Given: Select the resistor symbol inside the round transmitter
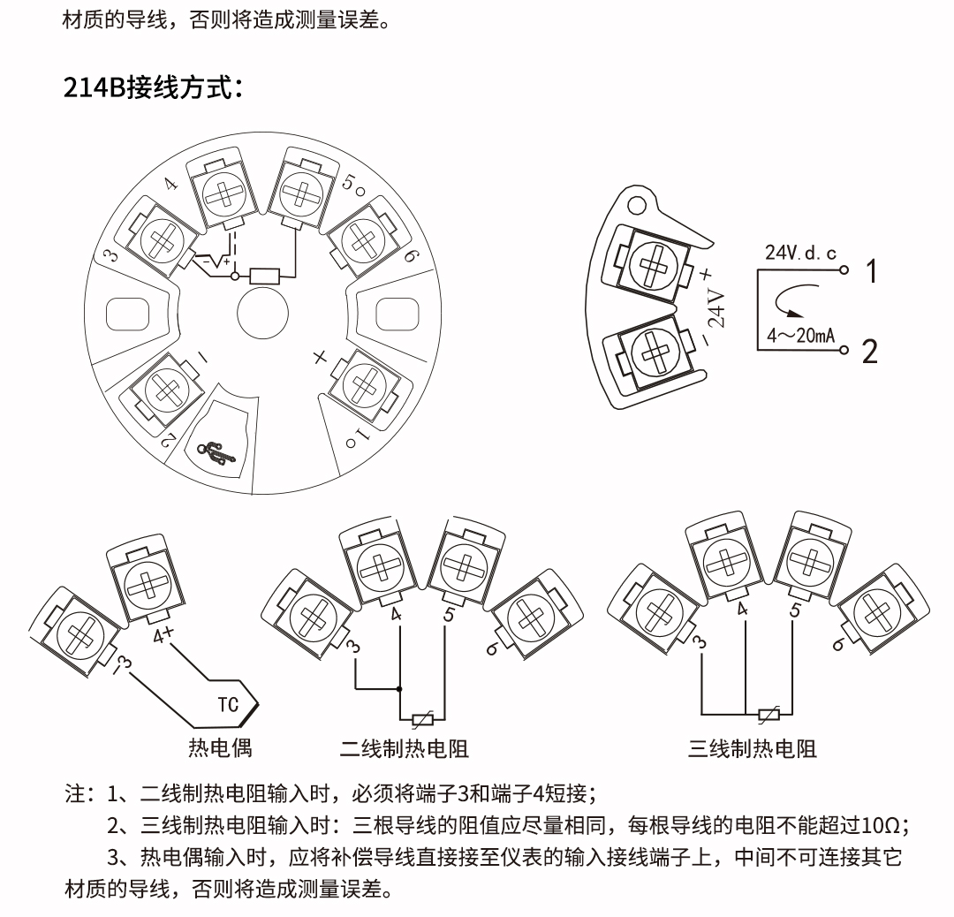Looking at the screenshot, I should [x=266, y=277].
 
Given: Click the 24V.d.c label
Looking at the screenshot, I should [x=800, y=253].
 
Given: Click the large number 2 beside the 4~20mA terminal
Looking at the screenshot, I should [x=871, y=352].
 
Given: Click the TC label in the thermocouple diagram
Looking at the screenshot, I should [x=229, y=704].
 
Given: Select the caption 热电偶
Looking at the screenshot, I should [x=220, y=747].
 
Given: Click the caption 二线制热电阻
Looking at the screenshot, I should [x=404, y=750].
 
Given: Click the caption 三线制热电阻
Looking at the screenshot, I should [x=753, y=749].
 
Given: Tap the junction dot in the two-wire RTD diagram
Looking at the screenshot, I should [x=400, y=689].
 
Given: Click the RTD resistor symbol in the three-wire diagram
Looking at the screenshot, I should [x=768, y=714].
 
